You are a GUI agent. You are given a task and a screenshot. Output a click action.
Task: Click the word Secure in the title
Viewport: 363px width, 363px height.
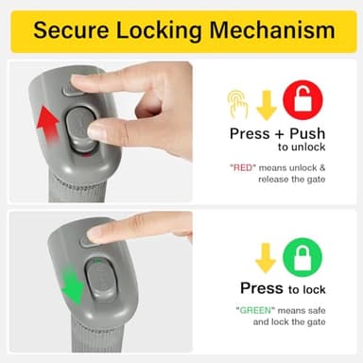point(71,30)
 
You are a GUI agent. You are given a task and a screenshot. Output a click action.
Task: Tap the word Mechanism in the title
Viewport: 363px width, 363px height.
point(272,30)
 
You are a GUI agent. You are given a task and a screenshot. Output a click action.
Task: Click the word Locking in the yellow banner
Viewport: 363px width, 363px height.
point(159,31)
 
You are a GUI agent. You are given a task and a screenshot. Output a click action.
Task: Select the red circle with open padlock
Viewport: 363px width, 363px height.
point(302,99)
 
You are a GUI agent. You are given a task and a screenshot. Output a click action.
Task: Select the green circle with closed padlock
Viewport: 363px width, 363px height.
point(302,257)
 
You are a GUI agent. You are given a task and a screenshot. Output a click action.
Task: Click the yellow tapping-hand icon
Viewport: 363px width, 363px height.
point(238,104)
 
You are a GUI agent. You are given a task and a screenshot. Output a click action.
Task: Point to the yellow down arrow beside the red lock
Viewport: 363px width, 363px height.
point(267,106)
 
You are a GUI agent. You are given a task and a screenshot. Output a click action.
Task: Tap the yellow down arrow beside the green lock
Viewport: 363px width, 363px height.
point(266,258)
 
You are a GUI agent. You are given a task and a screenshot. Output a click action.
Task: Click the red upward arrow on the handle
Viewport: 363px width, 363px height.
point(48,125)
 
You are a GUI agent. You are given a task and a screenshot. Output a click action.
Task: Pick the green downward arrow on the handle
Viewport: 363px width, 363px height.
point(72,285)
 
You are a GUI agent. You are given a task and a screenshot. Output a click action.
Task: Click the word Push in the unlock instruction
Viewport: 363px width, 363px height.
point(307,133)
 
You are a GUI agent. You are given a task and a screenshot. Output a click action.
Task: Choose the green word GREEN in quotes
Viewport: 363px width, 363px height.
point(255,310)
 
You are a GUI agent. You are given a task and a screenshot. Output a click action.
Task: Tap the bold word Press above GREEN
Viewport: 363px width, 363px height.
point(262,288)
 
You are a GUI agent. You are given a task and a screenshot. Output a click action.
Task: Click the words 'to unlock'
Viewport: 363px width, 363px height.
point(302,147)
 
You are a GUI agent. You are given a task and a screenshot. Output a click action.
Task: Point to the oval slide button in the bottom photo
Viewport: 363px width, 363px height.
point(101,278)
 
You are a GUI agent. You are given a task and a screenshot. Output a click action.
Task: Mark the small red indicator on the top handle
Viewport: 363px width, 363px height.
point(87,155)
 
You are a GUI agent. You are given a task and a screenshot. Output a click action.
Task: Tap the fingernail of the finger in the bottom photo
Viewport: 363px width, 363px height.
point(95,234)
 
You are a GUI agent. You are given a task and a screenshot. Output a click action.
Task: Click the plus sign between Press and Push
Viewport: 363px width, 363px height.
point(279,134)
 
